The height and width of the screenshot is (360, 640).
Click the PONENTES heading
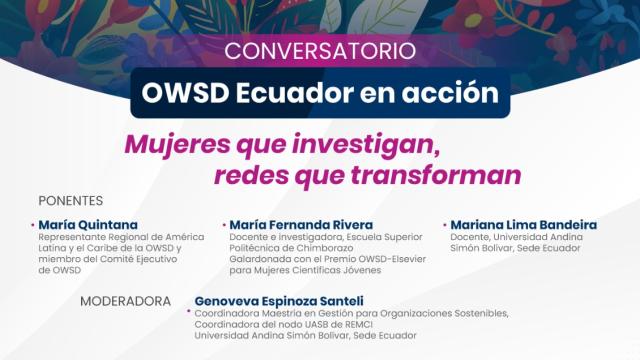coord(71,200)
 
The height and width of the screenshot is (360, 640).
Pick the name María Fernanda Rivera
coord(301,225)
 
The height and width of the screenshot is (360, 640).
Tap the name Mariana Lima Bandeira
coord(524,225)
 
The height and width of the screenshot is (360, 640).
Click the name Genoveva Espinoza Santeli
coord(278,300)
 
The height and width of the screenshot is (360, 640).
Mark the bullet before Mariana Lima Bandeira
coord(444,224)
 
